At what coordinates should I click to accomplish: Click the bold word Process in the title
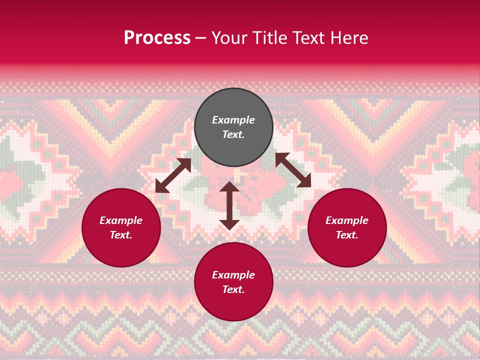tap(157, 38)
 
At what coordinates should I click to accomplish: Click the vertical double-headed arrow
tap(229, 205)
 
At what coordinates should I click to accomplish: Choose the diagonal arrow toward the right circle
tap(293, 170)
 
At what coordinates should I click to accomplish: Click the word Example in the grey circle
tap(233, 120)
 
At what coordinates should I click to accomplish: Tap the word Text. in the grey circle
tap(233, 134)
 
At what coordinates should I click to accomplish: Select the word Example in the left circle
tap(121, 220)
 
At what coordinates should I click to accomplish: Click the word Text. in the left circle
tap(121, 235)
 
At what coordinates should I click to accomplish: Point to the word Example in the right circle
tap(347, 220)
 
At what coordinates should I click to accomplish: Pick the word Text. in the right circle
tap(347, 235)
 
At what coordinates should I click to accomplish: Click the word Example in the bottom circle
tap(233, 275)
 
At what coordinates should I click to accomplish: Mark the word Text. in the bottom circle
tap(233, 289)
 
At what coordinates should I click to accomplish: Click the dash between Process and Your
tap(200, 38)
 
